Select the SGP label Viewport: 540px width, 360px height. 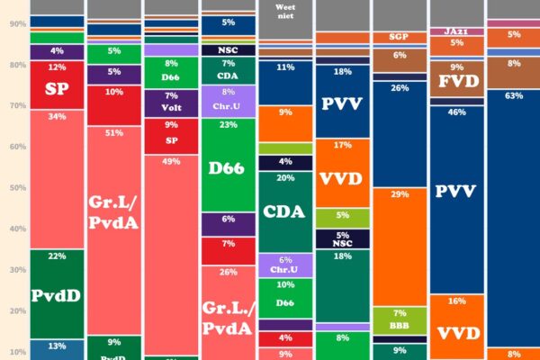click(x=400, y=37)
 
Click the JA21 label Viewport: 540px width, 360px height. click(x=457, y=31)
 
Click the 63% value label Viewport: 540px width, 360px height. click(x=515, y=95)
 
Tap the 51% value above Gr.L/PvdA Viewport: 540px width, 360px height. click(x=114, y=133)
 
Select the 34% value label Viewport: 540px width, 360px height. click(x=57, y=116)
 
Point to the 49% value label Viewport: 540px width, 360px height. click(x=171, y=161)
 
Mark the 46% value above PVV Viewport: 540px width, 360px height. click(x=457, y=112)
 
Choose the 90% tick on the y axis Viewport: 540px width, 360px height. click(x=17, y=24)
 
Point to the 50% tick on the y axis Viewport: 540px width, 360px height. click(x=17, y=188)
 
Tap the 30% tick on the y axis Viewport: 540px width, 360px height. click(x=17, y=270)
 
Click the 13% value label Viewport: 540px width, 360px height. click(x=57, y=346)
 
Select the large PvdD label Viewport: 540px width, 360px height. click(x=57, y=296)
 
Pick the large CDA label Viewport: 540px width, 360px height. click(x=286, y=213)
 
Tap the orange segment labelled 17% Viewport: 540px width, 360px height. click(x=343, y=173)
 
